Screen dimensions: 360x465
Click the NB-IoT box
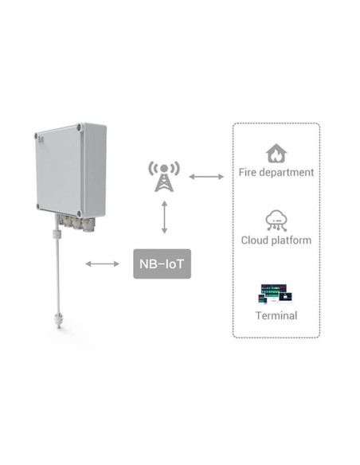click(162, 264)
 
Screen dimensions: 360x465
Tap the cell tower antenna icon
click(164, 177)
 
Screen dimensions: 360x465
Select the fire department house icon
click(276, 154)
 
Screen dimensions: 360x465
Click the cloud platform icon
click(276, 221)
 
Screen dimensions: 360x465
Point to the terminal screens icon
click(275, 294)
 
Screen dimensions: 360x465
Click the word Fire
click(248, 172)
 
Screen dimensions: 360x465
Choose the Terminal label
click(276, 315)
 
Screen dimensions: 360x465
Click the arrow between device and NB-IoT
click(102, 264)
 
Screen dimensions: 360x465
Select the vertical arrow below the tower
click(165, 217)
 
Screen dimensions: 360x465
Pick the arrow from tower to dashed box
click(206, 177)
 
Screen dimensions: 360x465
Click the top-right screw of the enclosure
click(79, 128)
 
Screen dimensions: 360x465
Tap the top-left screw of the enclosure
click(36, 136)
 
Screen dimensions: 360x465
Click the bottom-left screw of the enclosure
click(38, 206)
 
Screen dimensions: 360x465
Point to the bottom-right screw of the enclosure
click(79, 213)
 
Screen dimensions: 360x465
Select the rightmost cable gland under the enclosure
click(88, 225)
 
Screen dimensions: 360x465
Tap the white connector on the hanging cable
click(57, 234)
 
